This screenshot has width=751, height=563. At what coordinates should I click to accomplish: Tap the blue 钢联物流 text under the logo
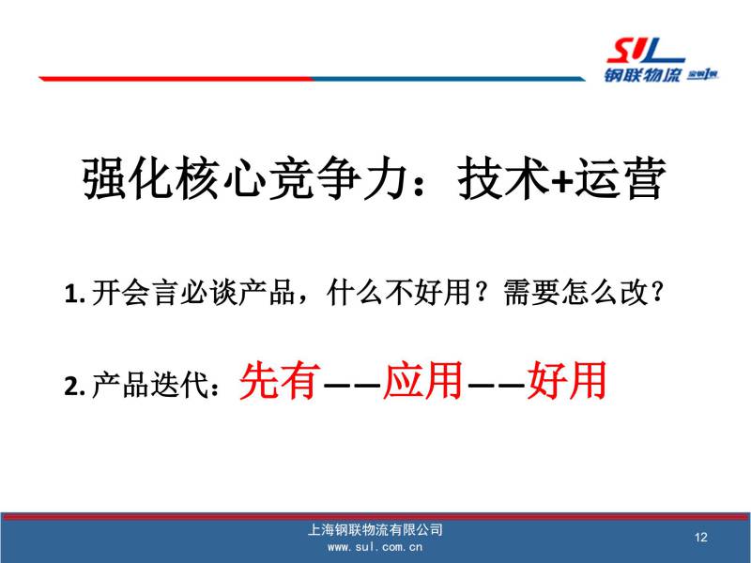tap(642, 75)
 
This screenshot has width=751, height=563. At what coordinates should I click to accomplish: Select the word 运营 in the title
tap(621, 178)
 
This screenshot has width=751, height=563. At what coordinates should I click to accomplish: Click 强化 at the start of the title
tap(128, 178)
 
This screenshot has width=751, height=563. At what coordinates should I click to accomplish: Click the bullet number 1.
tap(74, 293)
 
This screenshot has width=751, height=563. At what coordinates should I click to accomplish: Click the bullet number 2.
tap(74, 386)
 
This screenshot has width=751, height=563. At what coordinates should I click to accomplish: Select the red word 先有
tap(280, 381)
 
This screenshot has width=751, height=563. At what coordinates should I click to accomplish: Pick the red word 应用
tap(423, 381)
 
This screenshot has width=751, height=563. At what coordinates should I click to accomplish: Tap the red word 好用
tap(567, 381)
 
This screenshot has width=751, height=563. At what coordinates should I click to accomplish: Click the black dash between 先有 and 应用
tap(352, 384)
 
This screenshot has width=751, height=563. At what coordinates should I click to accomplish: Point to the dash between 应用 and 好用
tap(496, 384)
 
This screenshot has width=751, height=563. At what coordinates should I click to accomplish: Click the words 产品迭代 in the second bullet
tap(150, 386)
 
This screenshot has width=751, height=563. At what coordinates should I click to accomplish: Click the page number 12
tap(700, 537)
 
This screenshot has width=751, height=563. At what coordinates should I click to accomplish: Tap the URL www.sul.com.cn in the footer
tap(375, 547)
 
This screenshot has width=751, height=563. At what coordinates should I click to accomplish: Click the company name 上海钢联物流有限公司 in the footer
tap(375, 529)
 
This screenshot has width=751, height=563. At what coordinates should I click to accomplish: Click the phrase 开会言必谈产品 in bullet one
tap(193, 292)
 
